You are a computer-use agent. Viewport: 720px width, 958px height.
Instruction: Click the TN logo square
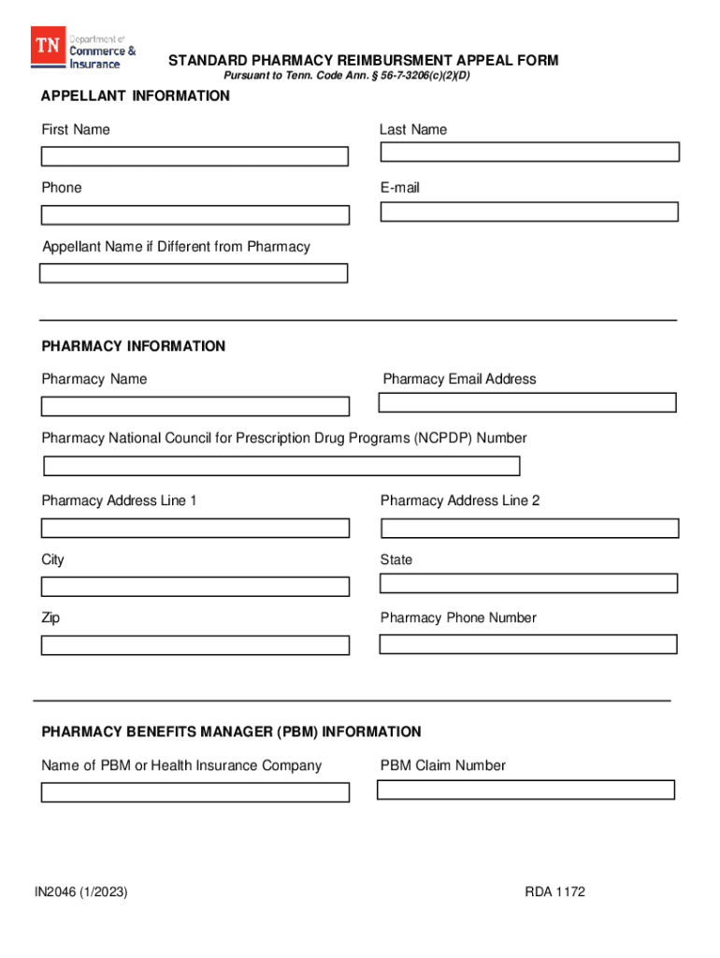pos(48,45)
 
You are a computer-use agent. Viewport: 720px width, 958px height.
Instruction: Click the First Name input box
pos(194,156)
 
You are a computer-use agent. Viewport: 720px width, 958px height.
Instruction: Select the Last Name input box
pos(529,152)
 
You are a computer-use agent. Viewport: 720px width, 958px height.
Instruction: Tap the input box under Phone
pos(194,215)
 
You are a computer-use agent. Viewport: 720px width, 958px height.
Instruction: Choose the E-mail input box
pos(529,211)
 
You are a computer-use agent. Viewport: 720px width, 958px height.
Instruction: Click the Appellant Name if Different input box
pos(194,273)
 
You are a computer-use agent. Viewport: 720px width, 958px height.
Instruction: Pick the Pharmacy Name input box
pos(194,406)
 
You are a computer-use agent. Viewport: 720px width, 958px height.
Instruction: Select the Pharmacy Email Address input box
pos(527,402)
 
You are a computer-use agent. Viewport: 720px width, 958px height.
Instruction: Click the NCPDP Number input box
pos(281,466)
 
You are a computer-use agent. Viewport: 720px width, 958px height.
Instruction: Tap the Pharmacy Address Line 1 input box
pos(194,528)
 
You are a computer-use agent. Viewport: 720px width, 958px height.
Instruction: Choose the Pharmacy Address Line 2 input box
pos(529,528)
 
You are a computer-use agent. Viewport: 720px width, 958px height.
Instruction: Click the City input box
pos(194,587)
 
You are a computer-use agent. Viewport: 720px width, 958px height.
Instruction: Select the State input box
pos(528,584)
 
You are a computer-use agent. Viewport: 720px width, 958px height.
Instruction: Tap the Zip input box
pos(194,646)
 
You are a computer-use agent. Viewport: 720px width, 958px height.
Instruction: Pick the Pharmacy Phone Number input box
pos(528,644)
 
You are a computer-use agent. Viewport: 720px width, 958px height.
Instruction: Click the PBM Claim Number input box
pos(526,790)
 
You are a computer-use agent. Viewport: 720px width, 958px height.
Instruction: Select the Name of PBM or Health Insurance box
pos(194,792)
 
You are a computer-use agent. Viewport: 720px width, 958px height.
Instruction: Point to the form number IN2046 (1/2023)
pos(81,892)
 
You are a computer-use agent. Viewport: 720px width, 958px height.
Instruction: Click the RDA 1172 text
pos(555,892)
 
